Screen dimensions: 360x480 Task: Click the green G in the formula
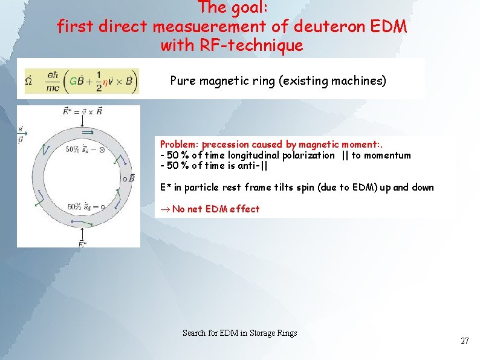coord(73,80)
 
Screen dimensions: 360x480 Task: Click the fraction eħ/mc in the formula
coord(53,80)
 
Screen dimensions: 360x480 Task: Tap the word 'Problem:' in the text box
coord(180,145)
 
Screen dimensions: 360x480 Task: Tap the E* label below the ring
coord(83,243)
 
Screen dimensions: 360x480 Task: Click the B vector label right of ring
coord(129,178)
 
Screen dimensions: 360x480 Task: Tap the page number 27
coord(464,341)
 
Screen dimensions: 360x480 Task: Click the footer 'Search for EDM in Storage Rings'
coord(239,333)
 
